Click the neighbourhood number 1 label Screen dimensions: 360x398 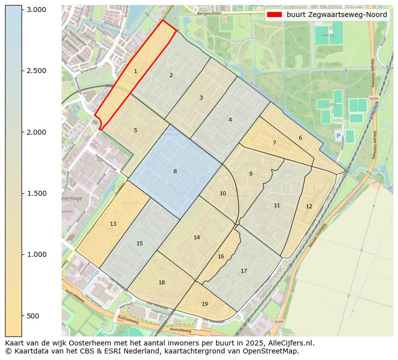click(x=135, y=72)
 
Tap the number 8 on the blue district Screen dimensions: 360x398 click(x=175, y=172)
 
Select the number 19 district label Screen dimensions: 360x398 click(x=205, y=304)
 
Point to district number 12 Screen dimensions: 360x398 click(x=309, y=206)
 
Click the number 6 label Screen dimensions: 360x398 click(x=300, y=138)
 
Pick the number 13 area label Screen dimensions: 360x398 click(x=113, y=224)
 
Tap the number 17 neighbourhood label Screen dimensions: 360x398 click(x=244, y=271)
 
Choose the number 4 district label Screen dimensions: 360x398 click(x=230, y=120)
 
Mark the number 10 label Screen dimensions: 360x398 click(x=223, y=193)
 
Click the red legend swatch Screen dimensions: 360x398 click(x=275, y=15)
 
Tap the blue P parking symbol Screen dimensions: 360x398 click(x=338, y=136)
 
